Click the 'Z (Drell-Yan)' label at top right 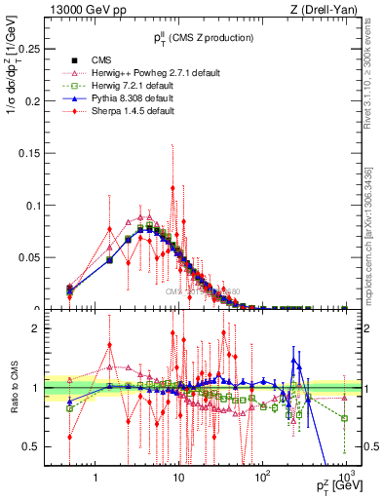coord(316,9)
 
